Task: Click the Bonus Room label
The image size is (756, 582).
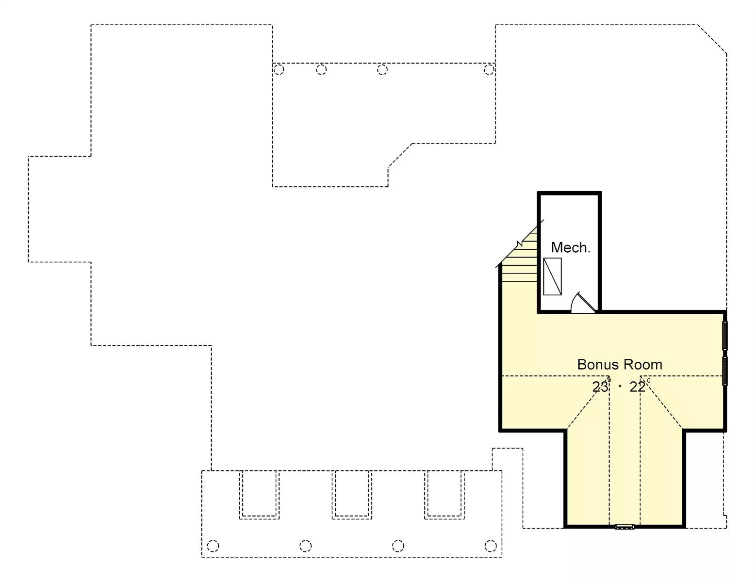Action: coord(620,365)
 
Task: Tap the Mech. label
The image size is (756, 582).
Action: coord(571,247)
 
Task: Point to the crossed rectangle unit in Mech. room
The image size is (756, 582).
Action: coord(553,276)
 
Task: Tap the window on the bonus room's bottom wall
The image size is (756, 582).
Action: coord(625,527)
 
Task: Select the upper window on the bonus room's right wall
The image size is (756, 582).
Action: coord(725,336)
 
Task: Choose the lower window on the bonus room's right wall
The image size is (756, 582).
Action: coord(725,371)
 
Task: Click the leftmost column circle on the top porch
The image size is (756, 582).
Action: coord(279,69)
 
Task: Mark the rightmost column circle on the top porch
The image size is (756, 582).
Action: coord(489,69)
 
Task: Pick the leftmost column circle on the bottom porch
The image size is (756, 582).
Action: coord(213,546)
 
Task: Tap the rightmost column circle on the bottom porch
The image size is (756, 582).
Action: coord(491,546)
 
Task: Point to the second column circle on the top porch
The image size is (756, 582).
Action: coord(321,69)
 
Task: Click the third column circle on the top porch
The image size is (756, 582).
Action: coord(382,69)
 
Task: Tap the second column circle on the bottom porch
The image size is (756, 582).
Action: coord(306,546)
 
